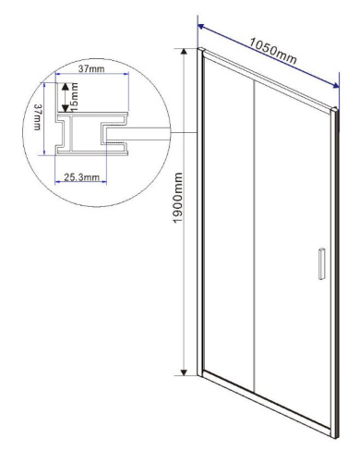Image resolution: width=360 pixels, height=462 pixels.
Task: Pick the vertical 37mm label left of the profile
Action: point(38,118)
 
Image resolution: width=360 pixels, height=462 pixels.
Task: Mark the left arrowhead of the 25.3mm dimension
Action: point(61,179)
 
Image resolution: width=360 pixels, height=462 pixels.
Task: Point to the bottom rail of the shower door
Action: point(268,407)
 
